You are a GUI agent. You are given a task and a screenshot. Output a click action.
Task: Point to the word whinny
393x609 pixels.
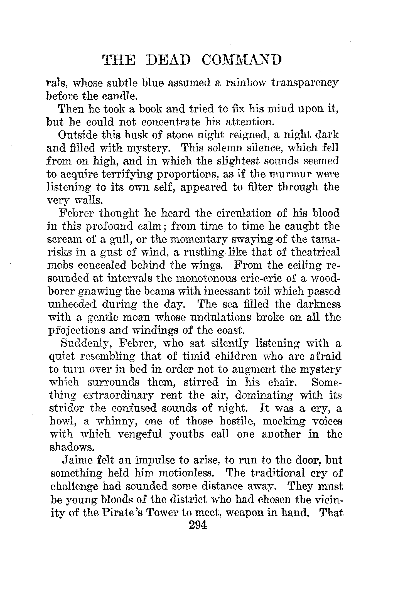(115, 421)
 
